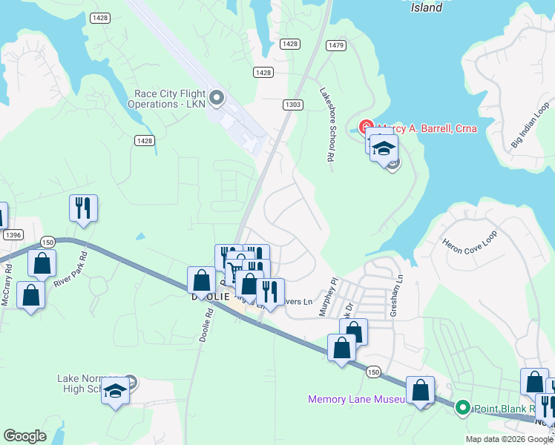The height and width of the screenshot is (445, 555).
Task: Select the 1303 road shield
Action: (x=292, y=105)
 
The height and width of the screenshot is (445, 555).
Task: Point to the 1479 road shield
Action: (x=335, y=45)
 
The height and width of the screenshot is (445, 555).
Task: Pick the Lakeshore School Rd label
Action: (x=325, y=125)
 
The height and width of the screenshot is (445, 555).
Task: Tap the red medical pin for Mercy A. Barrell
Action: (x=366, y=128)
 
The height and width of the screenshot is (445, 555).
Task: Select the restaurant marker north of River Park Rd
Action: (x=83, y=207)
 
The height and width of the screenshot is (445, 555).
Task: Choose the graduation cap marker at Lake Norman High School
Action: (x=115, y=390)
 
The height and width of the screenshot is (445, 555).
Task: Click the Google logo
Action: (x=24, y=436)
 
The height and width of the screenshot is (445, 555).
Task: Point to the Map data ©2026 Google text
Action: (x=508, y=439)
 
